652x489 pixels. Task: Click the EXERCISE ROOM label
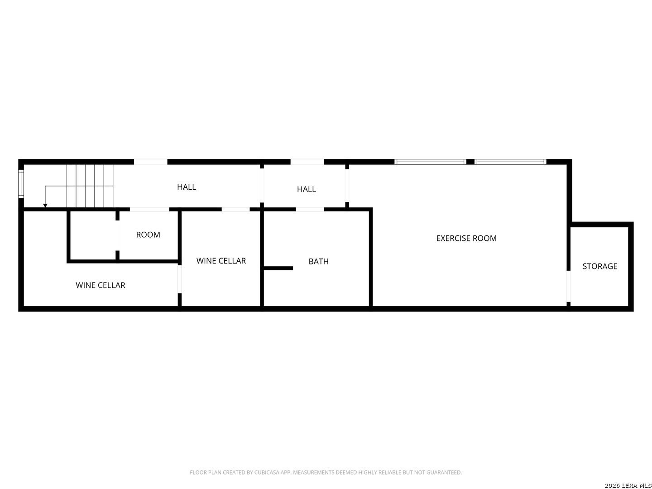point(466,238)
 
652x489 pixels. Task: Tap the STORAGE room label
point(599,266)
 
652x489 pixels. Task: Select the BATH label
point(318,261)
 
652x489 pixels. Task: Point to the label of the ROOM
point(148,235)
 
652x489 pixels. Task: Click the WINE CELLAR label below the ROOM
point(100,285)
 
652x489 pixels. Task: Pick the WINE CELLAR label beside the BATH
point(221,261)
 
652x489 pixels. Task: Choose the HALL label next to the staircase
point(186,187)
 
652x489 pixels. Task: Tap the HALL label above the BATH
point(306,189)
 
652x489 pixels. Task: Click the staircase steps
point(90,186)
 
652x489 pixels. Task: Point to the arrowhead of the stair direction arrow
point(45,206)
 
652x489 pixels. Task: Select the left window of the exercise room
point(430,162)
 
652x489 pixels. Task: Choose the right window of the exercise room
point(510,162)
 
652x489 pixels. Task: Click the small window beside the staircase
point(21,183)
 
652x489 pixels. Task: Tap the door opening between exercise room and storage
point(569,286)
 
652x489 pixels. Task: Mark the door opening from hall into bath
point(310,209)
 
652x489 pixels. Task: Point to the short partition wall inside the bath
point(278,268)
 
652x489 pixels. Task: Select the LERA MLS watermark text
point(628,485)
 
